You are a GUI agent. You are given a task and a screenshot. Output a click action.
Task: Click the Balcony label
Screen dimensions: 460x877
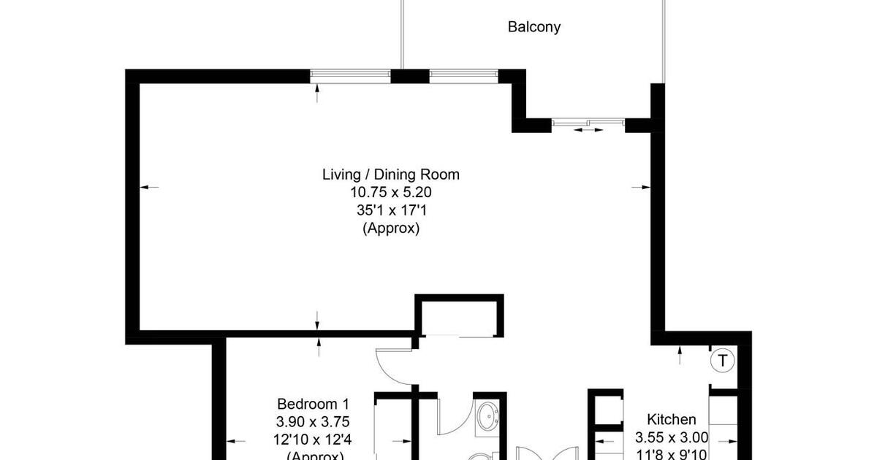point(534,27)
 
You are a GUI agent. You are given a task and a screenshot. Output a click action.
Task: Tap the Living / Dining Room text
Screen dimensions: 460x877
point(391,175)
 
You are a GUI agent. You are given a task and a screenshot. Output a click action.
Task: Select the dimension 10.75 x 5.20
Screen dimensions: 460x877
point(391,193)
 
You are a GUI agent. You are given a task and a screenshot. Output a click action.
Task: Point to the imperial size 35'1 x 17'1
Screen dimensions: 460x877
point(391,210)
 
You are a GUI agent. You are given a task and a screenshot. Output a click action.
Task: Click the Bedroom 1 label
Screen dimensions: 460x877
point(314,404)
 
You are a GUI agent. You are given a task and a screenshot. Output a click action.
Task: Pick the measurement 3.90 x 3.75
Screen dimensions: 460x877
point(314,422)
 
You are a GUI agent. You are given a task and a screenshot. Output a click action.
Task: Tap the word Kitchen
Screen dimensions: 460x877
point(672,420)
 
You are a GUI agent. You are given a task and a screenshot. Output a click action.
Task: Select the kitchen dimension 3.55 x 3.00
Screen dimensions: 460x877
point(672,438)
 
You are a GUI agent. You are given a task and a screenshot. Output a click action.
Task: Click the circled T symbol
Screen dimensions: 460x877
point(723,360)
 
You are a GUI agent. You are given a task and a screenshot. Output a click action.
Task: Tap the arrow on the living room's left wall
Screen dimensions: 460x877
point(148,188)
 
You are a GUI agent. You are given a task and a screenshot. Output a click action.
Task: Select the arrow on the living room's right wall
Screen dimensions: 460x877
point(640,188)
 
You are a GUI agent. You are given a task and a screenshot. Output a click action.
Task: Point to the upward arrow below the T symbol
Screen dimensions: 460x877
point(680,355)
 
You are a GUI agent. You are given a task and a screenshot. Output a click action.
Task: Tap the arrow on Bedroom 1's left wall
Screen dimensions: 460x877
point(235,440)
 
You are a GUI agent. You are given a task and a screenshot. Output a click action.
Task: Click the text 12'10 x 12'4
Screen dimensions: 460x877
point(314,440)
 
